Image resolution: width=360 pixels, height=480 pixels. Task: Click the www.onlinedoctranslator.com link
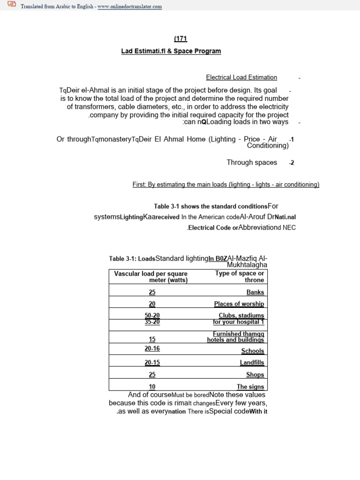click(129, 7)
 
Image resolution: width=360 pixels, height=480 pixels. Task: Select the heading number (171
click(180, 39)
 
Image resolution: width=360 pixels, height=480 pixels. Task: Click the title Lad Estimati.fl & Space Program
click(171, 51)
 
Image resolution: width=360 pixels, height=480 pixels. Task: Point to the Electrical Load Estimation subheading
click(241, 77)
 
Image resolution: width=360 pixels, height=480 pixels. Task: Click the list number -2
click(292, 163)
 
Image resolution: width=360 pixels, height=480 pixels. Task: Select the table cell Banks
click(255, 292)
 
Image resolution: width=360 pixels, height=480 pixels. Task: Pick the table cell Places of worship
click(239, 304)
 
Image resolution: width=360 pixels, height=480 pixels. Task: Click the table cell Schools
click(253, 351)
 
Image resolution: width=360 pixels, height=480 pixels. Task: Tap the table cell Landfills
click(252, 362)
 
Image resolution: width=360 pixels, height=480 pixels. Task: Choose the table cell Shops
click(255, 375)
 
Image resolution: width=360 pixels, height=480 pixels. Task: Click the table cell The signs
click(250, 387)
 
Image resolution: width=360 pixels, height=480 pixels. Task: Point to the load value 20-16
click(152, 349)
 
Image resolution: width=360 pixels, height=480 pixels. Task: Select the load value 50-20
click(152, 315)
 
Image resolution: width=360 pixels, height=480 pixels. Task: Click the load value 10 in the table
click(152, 387)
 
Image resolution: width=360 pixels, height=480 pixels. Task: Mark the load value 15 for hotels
click(152, 339)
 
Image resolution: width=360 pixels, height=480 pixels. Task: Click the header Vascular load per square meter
click(151, 277)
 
